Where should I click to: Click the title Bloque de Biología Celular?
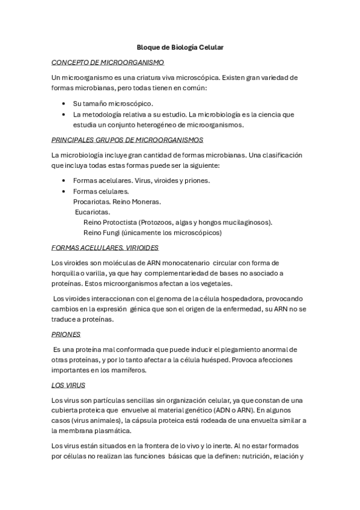pyautogui.click(x=179, y=46)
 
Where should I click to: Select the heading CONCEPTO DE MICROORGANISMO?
pyautogui.click(x=108, y=62)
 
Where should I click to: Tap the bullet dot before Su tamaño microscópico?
pyautogui.click(x=64, y=103)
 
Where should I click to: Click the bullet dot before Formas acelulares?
pyautogui.click(x=64, y=180)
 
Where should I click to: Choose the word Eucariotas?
pyautogui.click(x=93, y=212)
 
